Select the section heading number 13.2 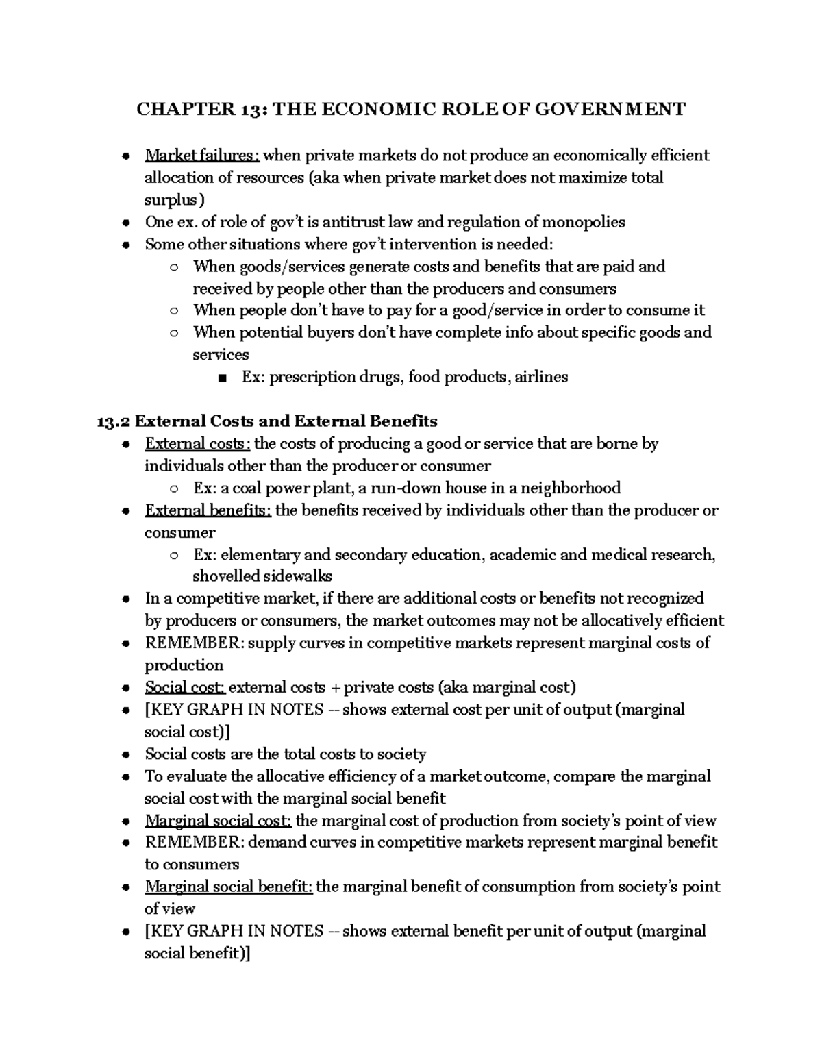[114, 421]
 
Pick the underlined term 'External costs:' [198, 443]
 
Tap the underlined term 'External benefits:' [208, 510]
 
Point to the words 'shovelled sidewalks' [262, 576]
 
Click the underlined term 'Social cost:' [184, 687]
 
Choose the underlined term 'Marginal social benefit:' [229, 887]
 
